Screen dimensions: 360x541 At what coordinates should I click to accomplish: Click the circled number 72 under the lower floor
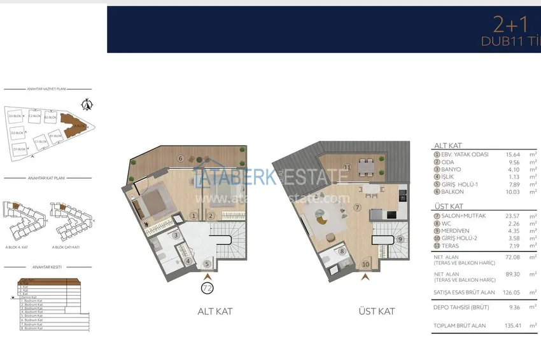tap(207, 287)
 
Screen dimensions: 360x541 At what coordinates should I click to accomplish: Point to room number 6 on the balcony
tap(181, 158)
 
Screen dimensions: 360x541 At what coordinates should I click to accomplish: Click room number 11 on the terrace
tap(347, 167)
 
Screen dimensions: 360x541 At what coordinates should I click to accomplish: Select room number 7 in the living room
tap(358, 207)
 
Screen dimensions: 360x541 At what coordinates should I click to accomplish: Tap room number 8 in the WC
tap(342, 251)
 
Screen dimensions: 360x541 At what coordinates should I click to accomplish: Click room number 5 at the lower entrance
tap(207, 264)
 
